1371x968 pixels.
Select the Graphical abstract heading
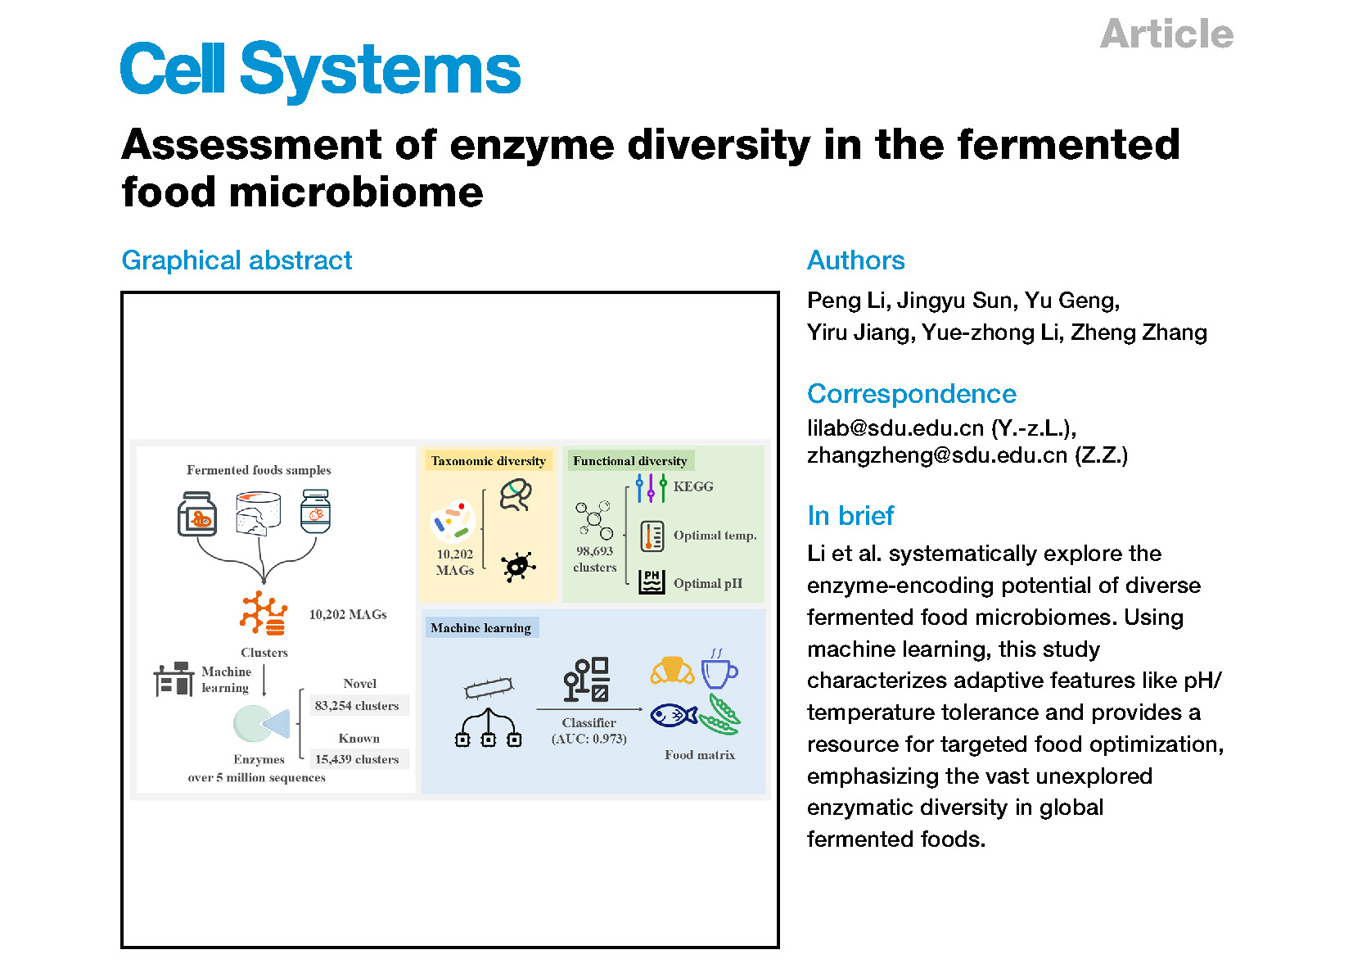[x=237, y=260]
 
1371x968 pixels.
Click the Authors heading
[x=855, y=260]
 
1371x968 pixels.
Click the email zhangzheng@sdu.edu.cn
[x=937, y=455]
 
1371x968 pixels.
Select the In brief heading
[x=850, y=516]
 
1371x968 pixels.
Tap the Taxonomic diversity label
[x=489, y=460]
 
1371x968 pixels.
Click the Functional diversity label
[x=629, y=460]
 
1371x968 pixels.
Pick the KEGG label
[x=693, y=486]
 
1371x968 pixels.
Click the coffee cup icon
[x=719, y=668]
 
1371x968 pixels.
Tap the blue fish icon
[x=674, y=714]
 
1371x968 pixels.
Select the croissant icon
[x=672, y=670]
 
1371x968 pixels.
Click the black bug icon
[x=518, y=566]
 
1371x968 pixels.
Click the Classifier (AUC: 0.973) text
[x=589, y=731]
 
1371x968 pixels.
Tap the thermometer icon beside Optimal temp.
[x=652, y=536]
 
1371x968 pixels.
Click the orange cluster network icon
[x=264, y=613]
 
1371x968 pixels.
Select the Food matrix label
[x=700, y=755]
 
